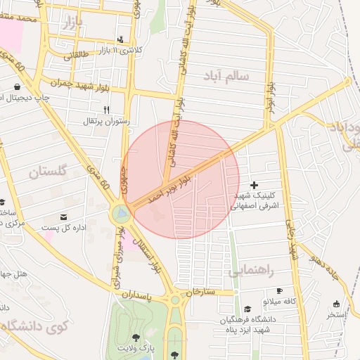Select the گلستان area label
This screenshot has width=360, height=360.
[49, 171]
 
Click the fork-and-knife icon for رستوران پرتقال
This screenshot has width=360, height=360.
[107, 110]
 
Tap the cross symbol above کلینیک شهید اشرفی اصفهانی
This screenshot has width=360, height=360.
[254, 184]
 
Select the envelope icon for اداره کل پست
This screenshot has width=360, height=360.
[65, 217]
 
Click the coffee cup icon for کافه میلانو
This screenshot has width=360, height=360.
[279, 290]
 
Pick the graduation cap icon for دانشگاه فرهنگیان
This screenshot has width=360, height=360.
[247, 309]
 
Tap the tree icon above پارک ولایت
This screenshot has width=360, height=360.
[136, 337]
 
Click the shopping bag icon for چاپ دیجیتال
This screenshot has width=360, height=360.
[16, 87]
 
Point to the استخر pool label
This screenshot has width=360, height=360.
[336, 314]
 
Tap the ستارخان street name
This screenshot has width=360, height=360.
[200, 290]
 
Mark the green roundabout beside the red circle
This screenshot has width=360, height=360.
[121, 212]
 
